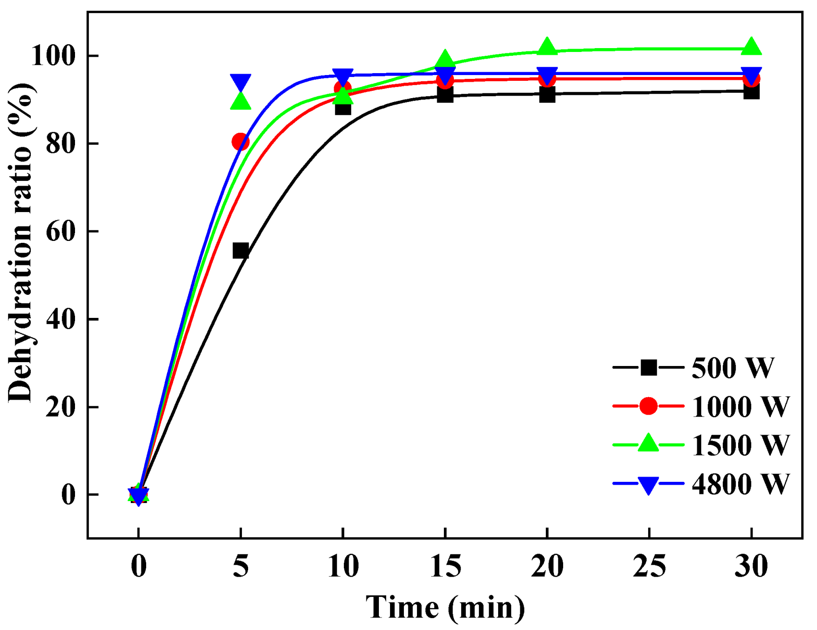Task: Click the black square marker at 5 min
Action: click(x=240, y=251)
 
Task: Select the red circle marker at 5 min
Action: click(x=240, y=142)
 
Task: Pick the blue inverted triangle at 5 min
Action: click(x=240, y=83)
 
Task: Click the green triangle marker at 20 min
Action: click(x=547, y=47)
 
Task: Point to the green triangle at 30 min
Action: click(x=751, y=47)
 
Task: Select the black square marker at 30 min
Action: click(x=751, y=91)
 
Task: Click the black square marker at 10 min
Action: click(x=342, y=107)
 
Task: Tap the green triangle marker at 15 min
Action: click(x=445, y=59)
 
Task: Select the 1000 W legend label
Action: click(x=741, y=407)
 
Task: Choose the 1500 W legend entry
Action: click(x=741, y=445)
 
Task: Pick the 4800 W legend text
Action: click(x=741, y=484)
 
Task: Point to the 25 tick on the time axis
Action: click(x=649, y=566)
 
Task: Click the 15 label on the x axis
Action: click(x=445, y=566)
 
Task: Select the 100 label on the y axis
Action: click(x=54, y=56)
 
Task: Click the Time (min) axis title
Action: click(x=445, y=607)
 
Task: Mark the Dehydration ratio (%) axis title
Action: click(x=20, y=243)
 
